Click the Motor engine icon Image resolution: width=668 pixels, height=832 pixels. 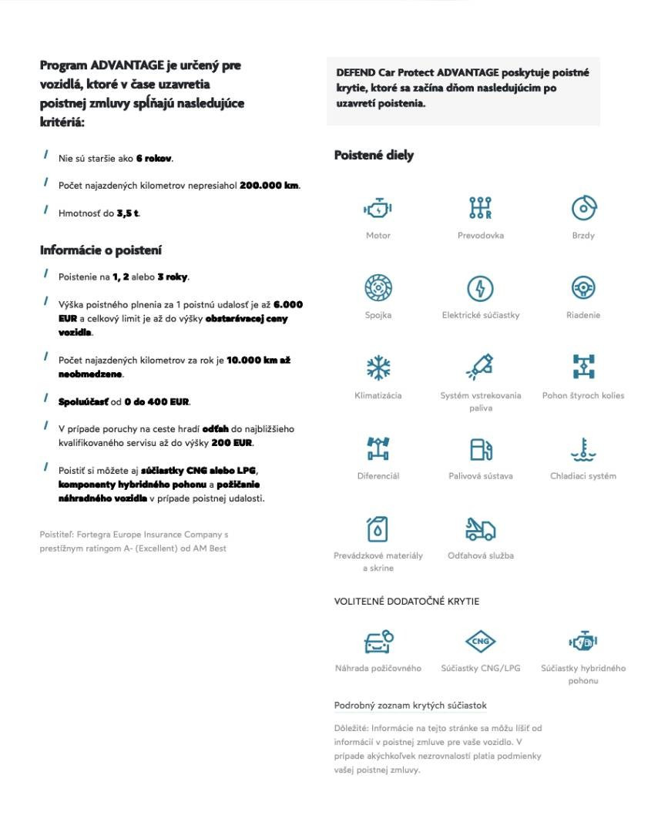(x=378, y=208)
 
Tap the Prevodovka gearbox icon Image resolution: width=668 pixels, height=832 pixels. (x=480, y=208)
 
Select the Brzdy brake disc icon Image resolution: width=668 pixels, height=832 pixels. (x=583, y=208)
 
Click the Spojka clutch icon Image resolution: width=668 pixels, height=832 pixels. (x=378, y=288)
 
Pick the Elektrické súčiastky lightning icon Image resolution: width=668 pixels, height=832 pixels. (x=480, y=288)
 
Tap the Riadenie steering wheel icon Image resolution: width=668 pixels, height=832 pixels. (x=583, y=288)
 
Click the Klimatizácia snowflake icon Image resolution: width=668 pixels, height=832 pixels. (x=378, y=367)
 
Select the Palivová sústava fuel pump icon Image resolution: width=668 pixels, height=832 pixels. (x=480, y=448)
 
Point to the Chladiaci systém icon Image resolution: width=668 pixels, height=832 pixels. (x=583, y=448)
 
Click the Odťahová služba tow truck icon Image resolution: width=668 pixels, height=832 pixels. (x=480, y=528)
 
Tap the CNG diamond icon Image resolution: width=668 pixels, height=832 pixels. (x=480, y=641)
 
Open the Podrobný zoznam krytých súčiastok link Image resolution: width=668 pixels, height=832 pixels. (x=410, y=705)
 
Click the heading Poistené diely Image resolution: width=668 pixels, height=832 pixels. (x=374, y=156)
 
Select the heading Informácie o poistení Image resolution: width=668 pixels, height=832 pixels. (x=101, y=250)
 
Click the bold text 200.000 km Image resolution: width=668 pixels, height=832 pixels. (x=269, y=185)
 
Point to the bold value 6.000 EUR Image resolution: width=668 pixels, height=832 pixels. (x=288, y=304)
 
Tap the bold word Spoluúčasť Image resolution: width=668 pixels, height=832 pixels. (x=84, y=401)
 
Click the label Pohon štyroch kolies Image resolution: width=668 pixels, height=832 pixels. (x=583, y=395)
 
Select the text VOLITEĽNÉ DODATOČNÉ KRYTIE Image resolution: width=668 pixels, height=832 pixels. (x=406, y=601)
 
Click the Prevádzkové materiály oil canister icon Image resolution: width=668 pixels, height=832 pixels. (x=378, y=528)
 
